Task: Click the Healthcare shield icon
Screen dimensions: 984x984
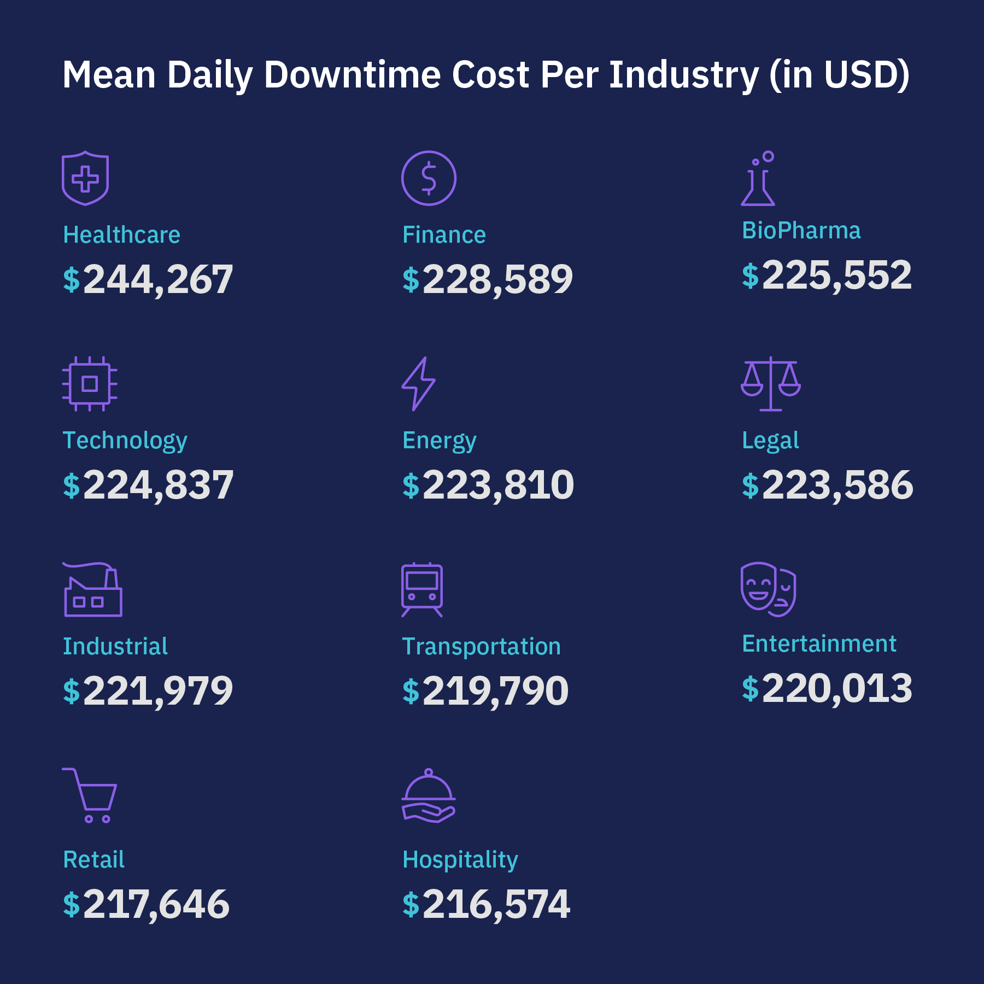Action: click(x=85, y=179)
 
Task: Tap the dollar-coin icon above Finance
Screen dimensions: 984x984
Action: click(x=429, y=178)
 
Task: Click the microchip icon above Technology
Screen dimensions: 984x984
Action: click(x=90, y=384)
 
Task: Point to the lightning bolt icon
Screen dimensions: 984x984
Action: click(x=419, y=384)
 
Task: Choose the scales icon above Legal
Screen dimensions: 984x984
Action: click(x=771, y=384)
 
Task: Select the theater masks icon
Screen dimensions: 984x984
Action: click(x=768, y=589)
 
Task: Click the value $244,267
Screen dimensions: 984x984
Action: click(x=148, y=279)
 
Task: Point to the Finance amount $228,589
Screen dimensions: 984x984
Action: click(x=488, y=279)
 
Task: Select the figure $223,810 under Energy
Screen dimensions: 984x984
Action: click(x=488, y=485)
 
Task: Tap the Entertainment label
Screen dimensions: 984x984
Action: click(x=819, y=643)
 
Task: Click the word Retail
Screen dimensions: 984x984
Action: click(x=93, y=859)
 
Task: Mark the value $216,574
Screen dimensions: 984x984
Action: click(x=487, y=904)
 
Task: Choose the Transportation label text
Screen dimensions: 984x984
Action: click(x=482, y=646)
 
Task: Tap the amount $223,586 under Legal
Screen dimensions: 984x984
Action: click(x=828, y=485)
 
